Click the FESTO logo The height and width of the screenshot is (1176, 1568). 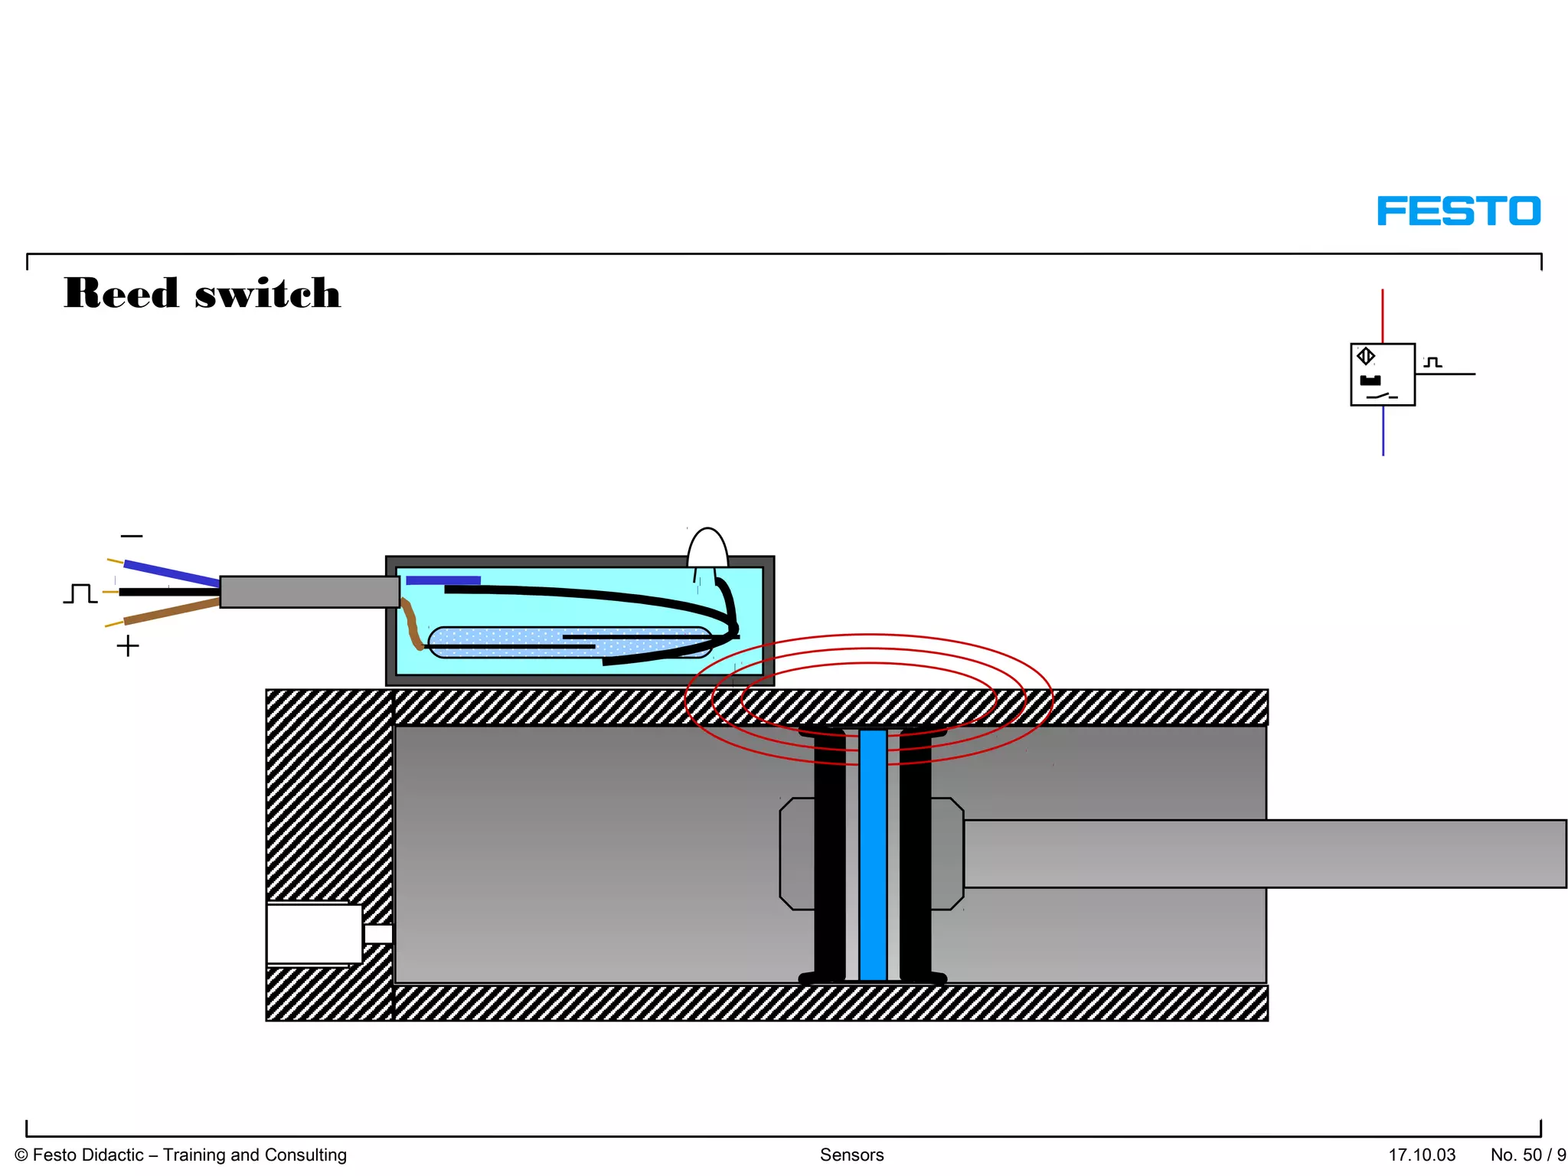pos(1459,211)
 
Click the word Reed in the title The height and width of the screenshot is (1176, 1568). pos(121,293)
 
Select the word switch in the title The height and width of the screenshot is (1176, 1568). pos(267,293)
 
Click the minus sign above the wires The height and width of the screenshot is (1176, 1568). pos(132,536)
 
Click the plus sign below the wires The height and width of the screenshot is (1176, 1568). pos(128,646)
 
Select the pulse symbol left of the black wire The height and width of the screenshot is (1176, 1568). pos(80,593)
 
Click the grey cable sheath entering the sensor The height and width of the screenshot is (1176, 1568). pos(309,592)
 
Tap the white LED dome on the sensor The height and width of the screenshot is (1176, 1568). pos(707,548)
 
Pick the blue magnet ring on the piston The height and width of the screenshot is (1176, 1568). pos(873,854)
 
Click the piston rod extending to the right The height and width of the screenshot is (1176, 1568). pos(1263,854)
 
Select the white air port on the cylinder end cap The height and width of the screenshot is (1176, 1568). pos(314,934)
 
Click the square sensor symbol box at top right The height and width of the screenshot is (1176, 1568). pos(1383,374)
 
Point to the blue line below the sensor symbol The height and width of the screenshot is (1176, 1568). pos(1383,430)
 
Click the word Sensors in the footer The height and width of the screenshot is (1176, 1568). pos(851,1155)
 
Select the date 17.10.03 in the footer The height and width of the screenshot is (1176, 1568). pos(1422,1155)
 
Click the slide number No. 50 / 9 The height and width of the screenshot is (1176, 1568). pos(1527,1155)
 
